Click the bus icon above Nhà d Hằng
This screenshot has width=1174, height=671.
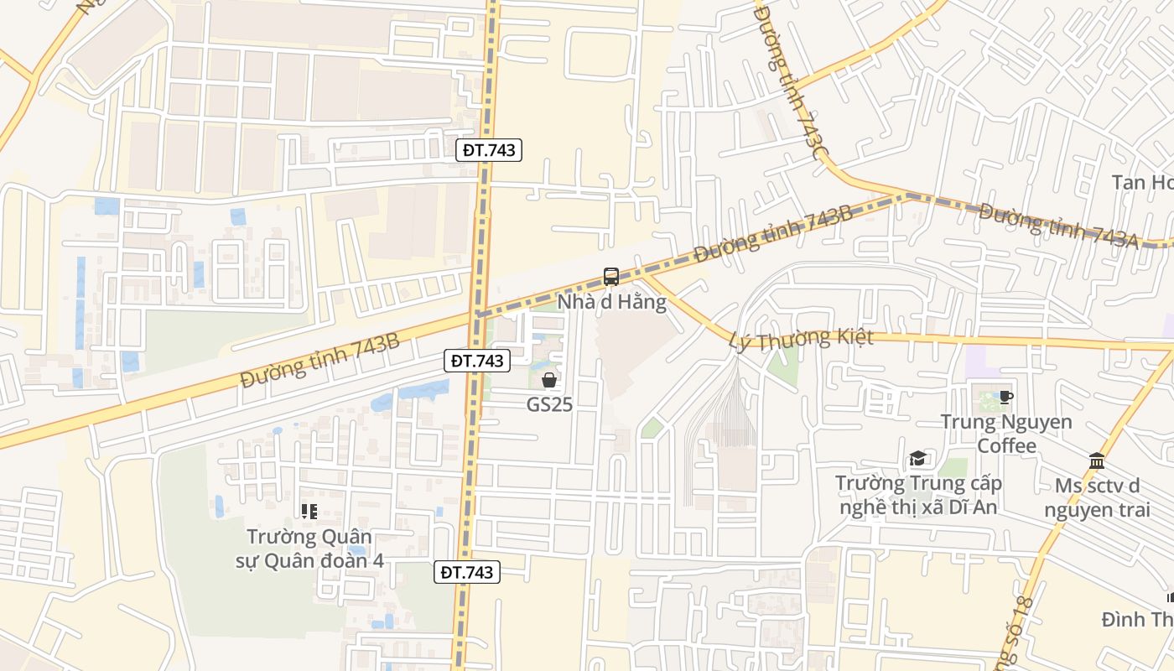pyautogui.click(x=611, y=277)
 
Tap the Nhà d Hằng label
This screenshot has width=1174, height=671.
pyautogui.click(x=612, y=302)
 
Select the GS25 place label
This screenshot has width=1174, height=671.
pyautogui.click(x=549, y=404)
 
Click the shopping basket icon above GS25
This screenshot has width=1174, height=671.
pyautogui.click(x=549, y=381)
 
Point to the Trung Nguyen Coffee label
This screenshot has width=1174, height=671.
pyautogui.click(x=1006, y=433)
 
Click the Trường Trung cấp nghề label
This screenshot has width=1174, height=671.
pyautogui.click(x=918, y=495)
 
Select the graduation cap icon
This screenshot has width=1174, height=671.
pyautogui.click(x=918, y=459)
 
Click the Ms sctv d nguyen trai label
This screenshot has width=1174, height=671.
pyautogui.click(x=1097, y=497)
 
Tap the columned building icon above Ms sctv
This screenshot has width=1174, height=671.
pyautogui.click(x=1097, y=460)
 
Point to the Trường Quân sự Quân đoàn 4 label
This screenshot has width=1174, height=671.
pyautogui.click(x=309, y=549)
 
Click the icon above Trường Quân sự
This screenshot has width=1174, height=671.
pyautogui.click(x=309, y=511)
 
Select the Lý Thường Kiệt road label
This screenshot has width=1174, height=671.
pyautogui.click(x=801, y=338)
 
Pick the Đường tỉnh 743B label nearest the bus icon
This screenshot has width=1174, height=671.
pyautogui.click(x=773, y=235)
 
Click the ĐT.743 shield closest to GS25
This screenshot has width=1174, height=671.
pyautogui.click(x=476, y=361)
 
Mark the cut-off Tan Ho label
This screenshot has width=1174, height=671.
pyautogui.click(x=1142, y=182)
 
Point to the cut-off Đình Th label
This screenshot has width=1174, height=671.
pyautogui.click(x=1137, y=619)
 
